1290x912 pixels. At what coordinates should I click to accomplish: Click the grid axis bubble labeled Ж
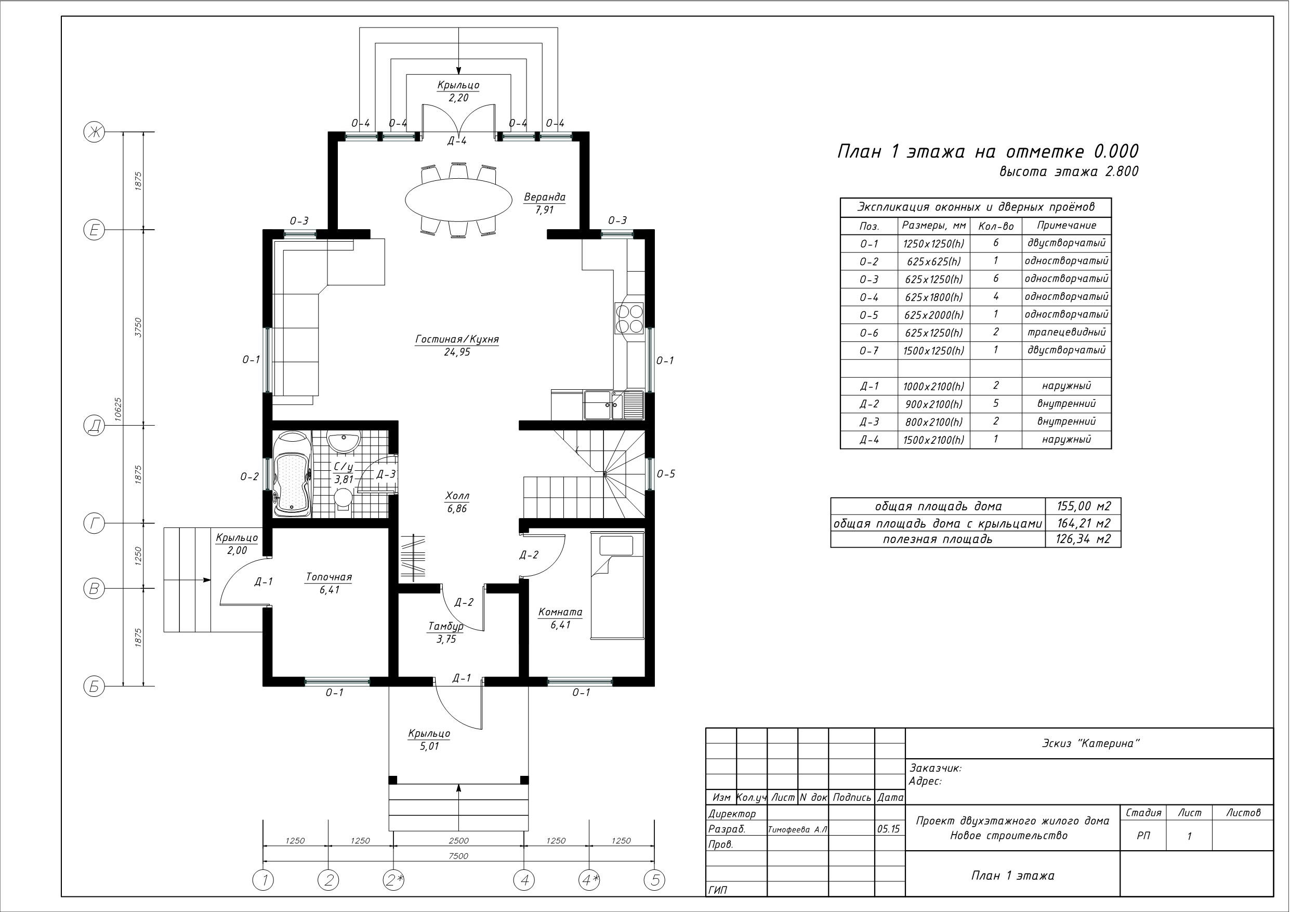(x=95, y=133)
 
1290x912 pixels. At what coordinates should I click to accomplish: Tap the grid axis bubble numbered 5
(x=654, y=880)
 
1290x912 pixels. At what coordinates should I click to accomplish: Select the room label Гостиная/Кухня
(x=457, y=339)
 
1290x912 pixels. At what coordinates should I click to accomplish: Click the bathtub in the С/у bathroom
(x=292, y=474)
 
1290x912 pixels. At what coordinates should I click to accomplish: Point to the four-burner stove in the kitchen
(x=629, y=318)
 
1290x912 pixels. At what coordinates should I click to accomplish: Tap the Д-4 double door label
(x=457, y=141)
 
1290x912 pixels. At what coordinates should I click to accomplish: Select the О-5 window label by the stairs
(x=666, y=474)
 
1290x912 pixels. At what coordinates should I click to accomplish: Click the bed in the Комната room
(x=617, y=585)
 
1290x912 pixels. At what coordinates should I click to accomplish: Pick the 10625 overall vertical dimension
(x=118, y=409)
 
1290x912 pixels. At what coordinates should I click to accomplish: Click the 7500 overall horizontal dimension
(x=458, y=856)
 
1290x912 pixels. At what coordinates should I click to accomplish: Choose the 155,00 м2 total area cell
(x=1083, y=506)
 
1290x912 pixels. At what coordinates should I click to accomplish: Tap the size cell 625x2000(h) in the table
(x=934, y=315)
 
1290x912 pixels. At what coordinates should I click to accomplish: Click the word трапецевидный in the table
(x=1067, y=332)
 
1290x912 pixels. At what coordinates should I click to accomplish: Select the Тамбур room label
(x=446, y=626)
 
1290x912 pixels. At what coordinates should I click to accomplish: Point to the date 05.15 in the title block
(x=888, y=829)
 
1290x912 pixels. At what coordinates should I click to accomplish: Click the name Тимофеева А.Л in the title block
(x=797, y=829)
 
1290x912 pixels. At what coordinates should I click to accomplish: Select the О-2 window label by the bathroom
(x=249, y=477)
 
